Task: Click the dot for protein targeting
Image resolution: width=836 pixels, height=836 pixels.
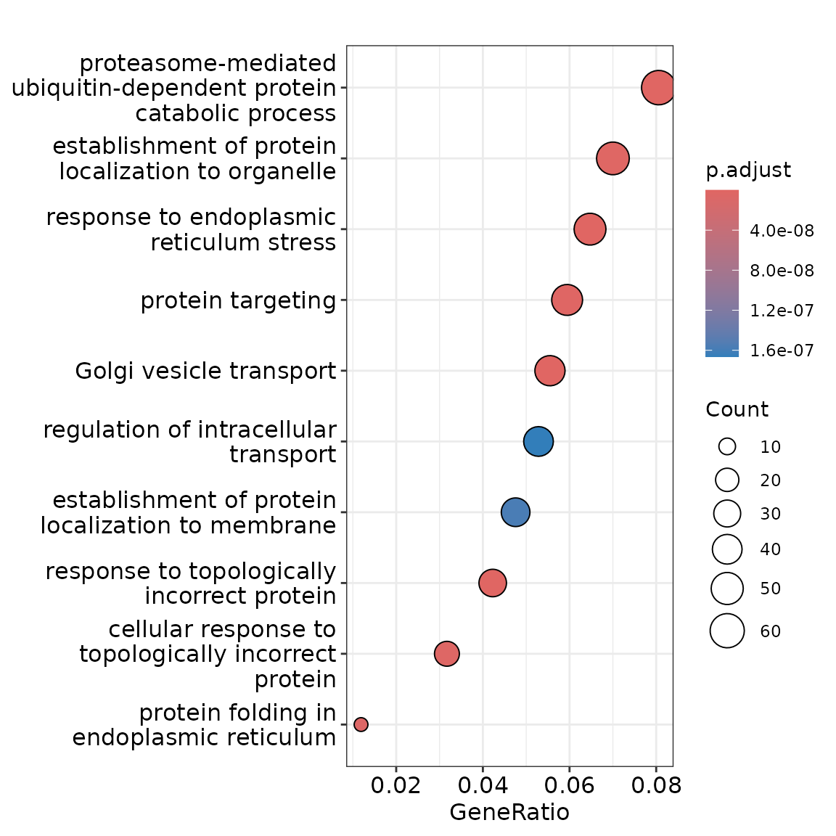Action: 567,300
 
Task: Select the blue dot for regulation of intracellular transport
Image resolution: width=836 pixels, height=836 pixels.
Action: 538,441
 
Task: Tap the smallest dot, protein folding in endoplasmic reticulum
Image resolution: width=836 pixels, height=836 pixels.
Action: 361,724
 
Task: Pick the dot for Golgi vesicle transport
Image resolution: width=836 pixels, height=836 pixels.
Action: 550,371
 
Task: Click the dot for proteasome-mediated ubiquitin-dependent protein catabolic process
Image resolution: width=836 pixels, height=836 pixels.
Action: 658,88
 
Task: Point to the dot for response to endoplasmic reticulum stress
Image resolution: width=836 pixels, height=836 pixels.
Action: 590,229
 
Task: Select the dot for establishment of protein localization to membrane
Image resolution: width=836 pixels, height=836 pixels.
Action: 515,512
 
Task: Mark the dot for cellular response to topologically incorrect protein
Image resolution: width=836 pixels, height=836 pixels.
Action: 447,654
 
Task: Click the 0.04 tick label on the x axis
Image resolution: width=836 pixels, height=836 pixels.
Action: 482,786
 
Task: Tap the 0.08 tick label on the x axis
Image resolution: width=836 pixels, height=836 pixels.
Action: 655,786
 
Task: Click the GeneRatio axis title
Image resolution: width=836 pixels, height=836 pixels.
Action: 509,812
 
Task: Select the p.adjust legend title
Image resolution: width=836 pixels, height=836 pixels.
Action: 748,171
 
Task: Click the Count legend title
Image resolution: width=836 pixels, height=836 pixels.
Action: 737,410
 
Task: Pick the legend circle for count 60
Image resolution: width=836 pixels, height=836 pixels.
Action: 727,631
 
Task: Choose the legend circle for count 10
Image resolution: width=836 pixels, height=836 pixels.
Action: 727,447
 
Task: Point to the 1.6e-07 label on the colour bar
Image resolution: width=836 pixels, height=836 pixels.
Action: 782,351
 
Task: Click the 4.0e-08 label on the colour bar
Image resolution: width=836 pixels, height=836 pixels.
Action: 782,231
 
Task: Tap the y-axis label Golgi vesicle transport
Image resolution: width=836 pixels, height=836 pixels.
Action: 205,372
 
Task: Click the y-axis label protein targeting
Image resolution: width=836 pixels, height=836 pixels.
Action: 238,300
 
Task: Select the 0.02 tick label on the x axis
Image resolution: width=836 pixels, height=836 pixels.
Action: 396,786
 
